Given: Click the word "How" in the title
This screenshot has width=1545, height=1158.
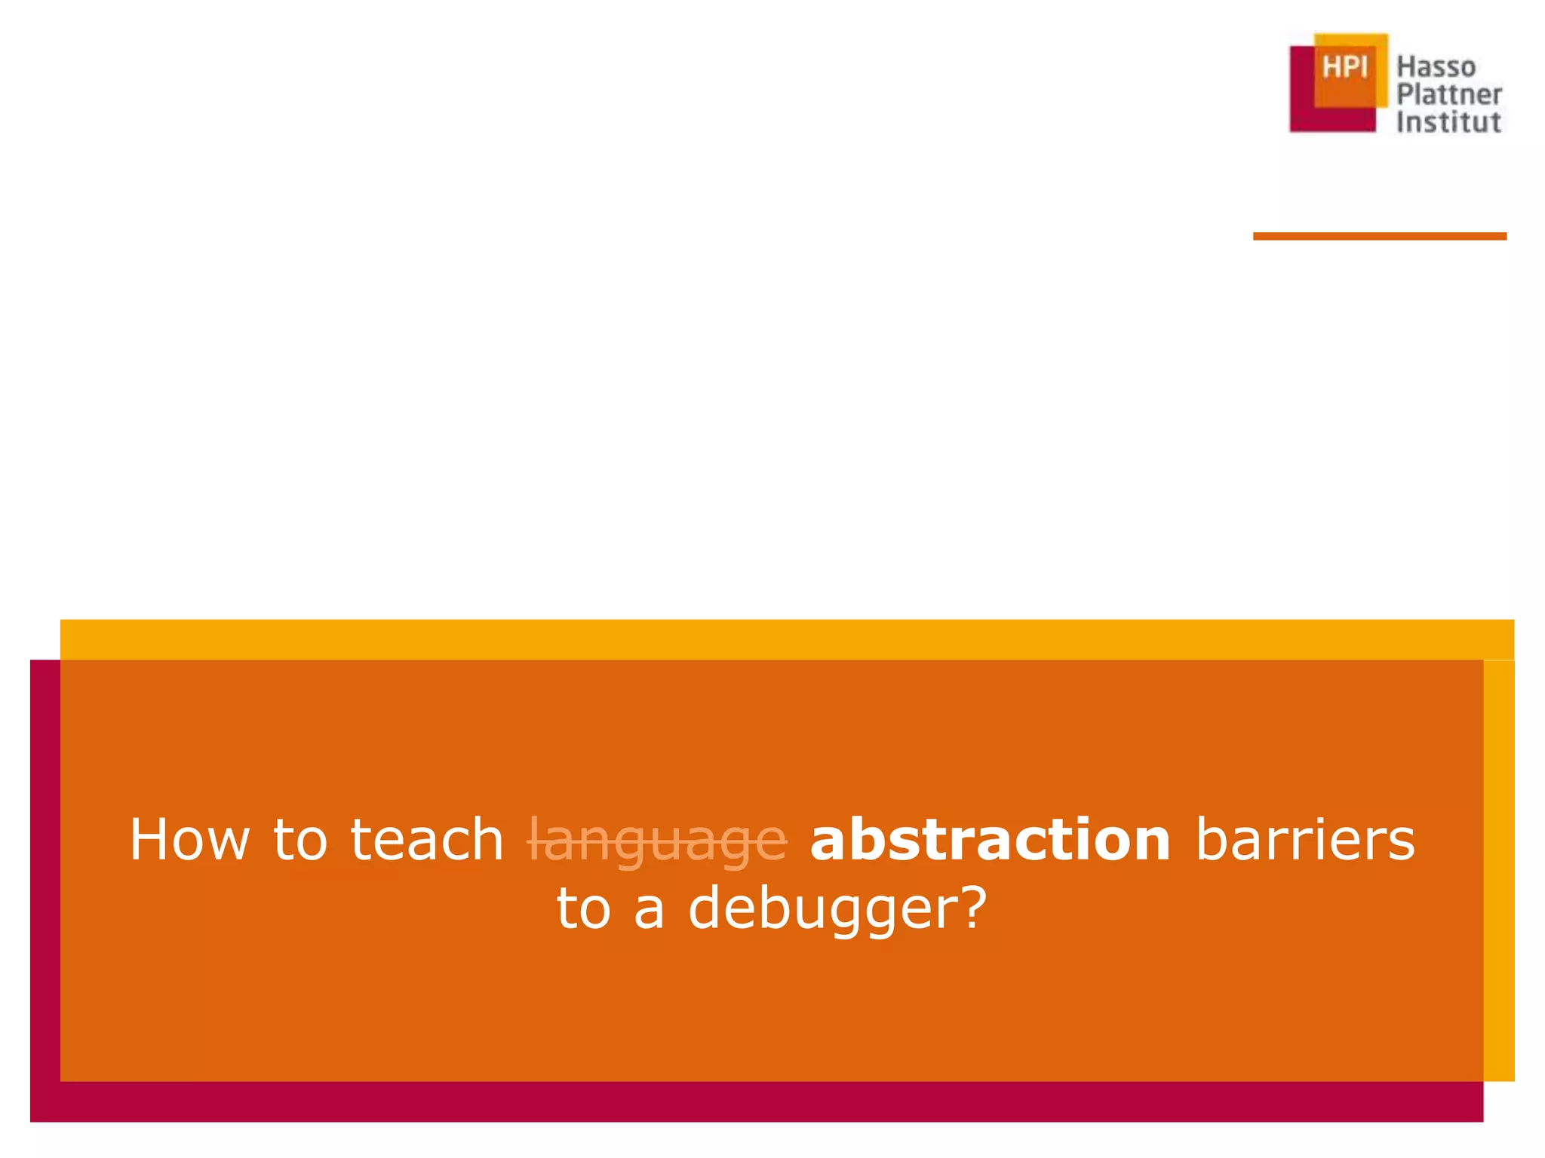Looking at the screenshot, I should (189, 839).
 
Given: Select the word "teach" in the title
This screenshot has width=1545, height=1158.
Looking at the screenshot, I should (427, 839).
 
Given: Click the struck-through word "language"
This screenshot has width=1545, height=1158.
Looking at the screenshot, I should (657, 841).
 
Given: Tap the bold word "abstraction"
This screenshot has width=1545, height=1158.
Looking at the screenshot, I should (990, 839).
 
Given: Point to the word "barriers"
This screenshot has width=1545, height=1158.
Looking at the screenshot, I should (1305, 839).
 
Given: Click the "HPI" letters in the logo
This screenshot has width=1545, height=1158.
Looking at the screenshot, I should (1344, 68).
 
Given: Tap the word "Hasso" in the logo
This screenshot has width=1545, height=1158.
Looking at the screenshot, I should (1436, 67).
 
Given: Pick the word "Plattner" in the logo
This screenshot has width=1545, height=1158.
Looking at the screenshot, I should (1448, 95).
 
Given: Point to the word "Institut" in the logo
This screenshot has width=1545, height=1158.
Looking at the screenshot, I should (1448, 122).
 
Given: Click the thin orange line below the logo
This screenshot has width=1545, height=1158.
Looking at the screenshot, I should (1379, 237).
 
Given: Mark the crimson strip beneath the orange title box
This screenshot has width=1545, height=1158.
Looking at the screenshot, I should (754, 1101).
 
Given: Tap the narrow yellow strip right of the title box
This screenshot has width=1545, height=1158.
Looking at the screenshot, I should (1498, 867).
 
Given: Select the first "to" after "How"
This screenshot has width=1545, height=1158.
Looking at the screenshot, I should (300, 839).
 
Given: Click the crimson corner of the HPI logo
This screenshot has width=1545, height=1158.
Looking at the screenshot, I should (1301, 113).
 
